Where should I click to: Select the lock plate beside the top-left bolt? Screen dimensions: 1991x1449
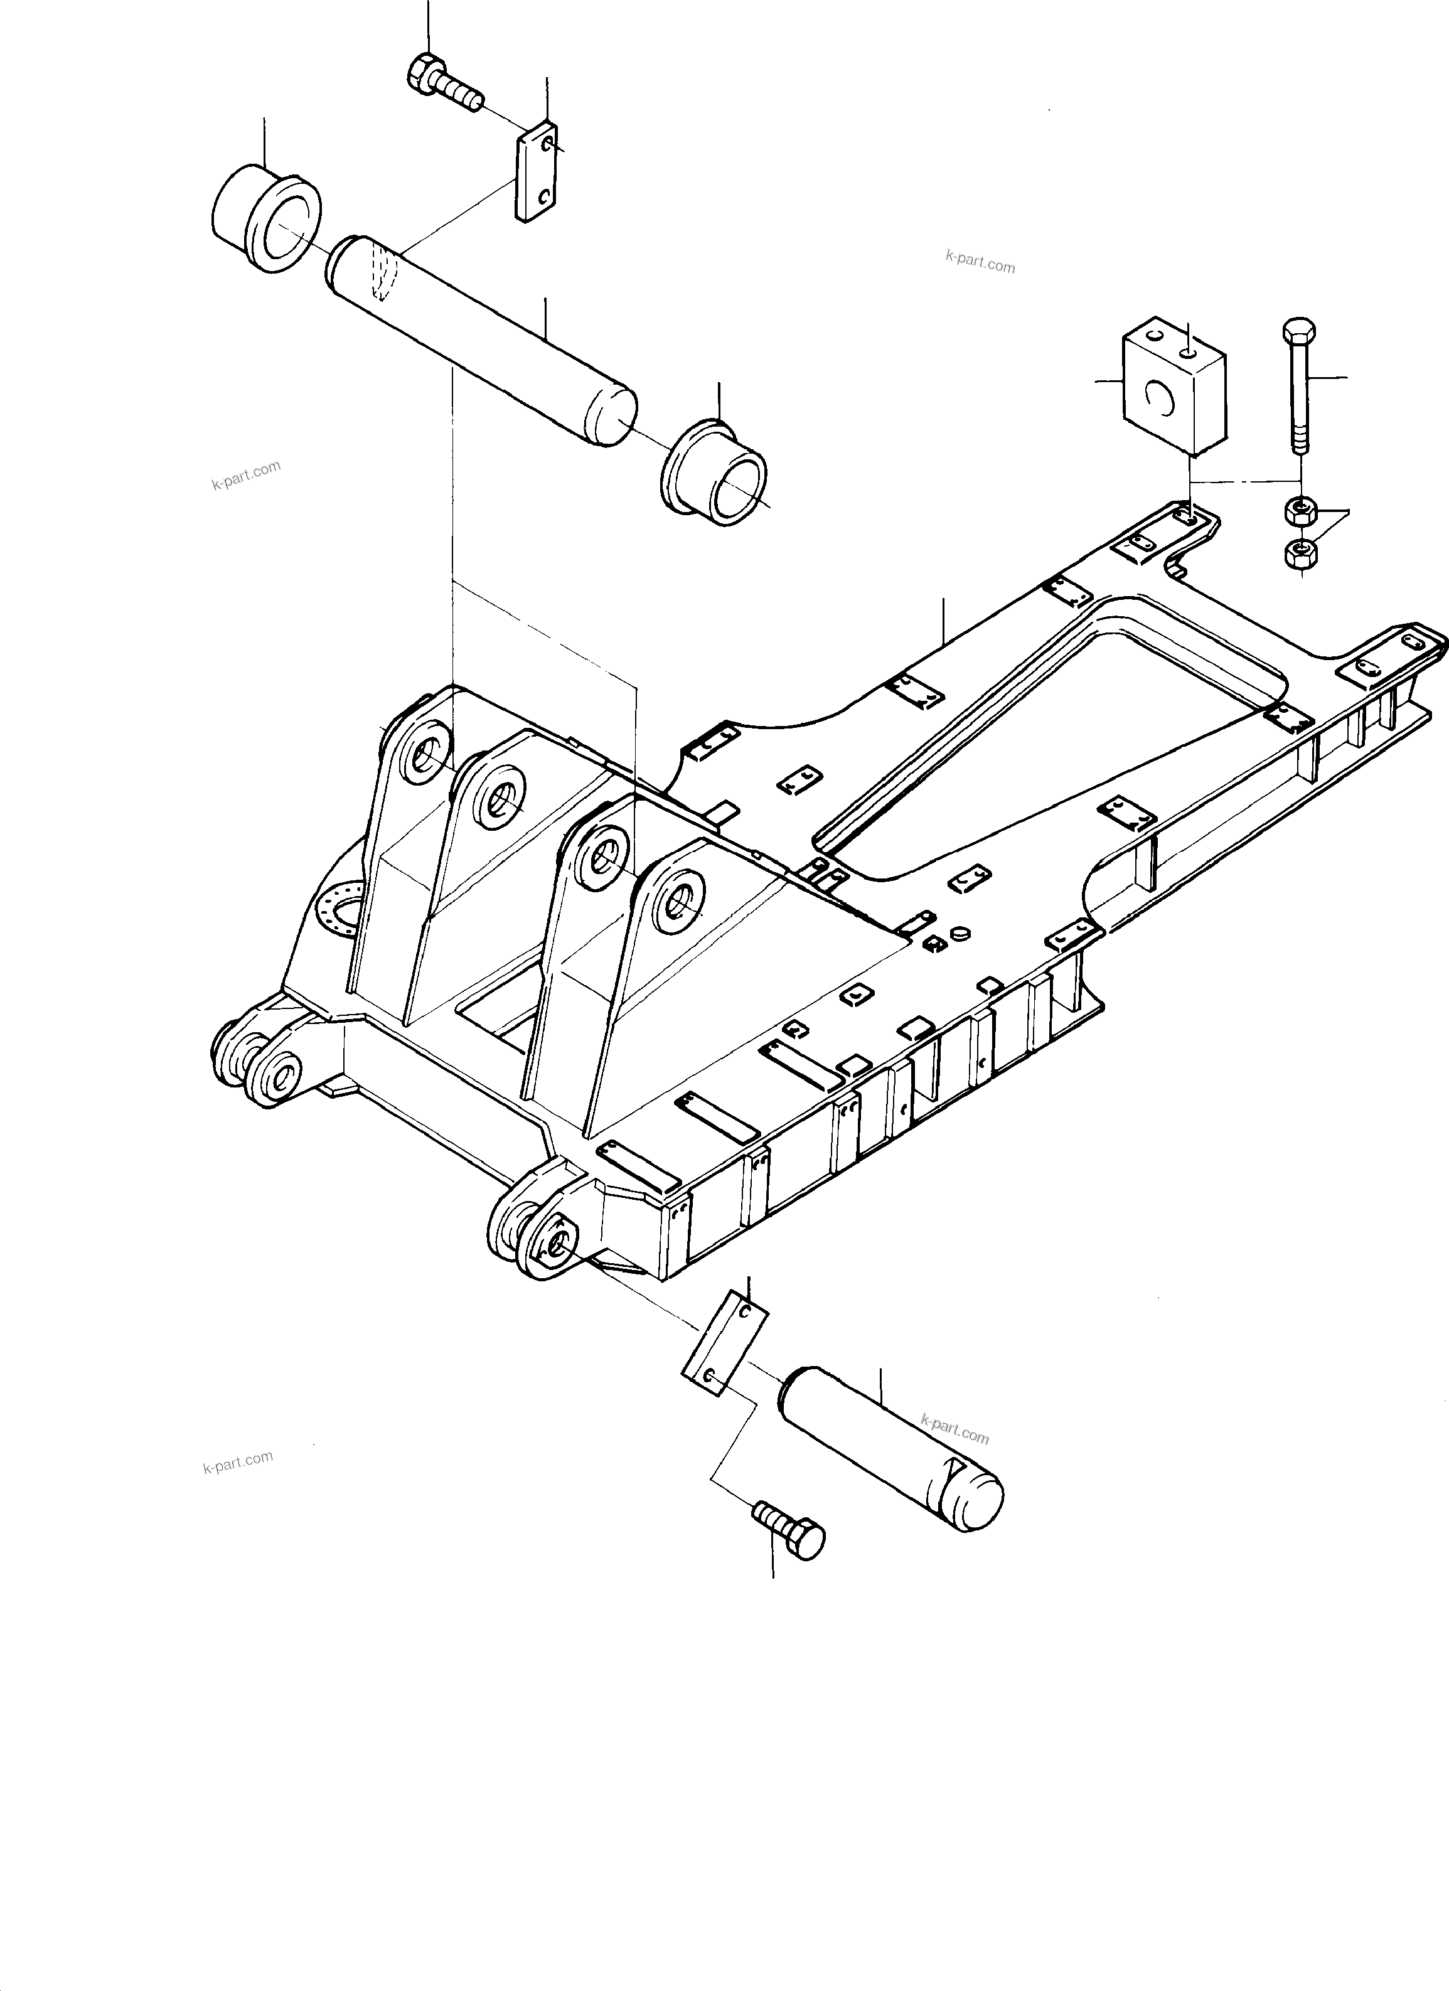(536, 174)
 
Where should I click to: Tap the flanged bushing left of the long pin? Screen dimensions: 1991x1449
(265, 217)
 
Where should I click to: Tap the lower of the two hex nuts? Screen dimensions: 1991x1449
(1299, 553)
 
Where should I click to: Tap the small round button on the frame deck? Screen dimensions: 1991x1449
(959, 931)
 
